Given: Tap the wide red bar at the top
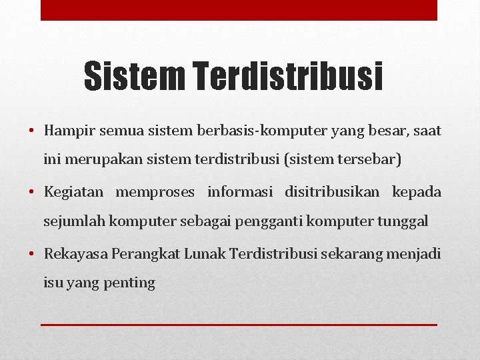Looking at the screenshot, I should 239,10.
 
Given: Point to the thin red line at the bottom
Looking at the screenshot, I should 239,325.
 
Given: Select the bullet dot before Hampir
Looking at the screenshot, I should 32,131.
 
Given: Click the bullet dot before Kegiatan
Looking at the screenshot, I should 32,193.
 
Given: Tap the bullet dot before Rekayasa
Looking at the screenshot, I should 32,254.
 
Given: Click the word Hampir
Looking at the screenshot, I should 69,131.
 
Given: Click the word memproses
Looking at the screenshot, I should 155,193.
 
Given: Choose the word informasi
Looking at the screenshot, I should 240,193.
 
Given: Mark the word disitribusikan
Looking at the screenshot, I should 332,193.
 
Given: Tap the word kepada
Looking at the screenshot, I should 417,193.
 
